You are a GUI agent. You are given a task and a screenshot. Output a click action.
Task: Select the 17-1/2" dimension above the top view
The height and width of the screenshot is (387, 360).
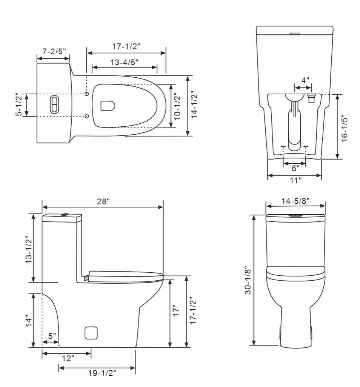tap(126, 47)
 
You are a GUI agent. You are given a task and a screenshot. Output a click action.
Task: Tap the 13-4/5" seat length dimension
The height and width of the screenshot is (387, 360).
tap(125, 62)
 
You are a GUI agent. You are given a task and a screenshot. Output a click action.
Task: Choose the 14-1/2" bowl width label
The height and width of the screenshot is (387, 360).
tap(194, 105)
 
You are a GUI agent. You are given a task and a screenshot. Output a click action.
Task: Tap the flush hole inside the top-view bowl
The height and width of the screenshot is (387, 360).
tap(108, 106)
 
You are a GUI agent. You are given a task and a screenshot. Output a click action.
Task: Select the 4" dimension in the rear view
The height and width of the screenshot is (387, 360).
tap(305, 80)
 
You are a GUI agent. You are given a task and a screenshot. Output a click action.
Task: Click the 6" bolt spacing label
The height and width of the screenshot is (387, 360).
tap(295, 167)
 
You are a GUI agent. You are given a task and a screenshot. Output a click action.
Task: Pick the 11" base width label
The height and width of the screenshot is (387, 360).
tap(295, 181)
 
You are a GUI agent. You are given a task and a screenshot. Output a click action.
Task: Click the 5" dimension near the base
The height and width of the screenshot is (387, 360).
tap(52, 335)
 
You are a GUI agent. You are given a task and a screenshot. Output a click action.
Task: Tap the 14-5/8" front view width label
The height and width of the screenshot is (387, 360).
tap(295, 201)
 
